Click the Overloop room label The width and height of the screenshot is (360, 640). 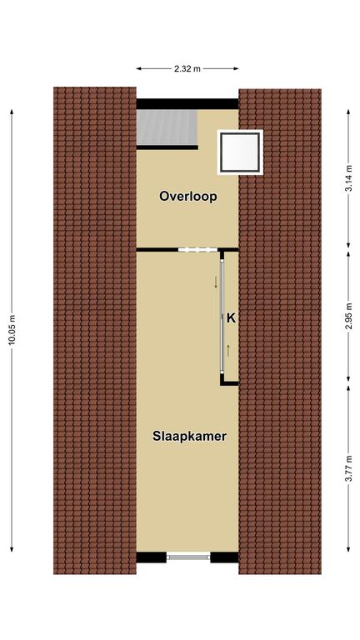click(187, 197)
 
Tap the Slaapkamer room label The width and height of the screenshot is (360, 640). click(189, 436)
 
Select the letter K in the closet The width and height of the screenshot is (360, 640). click(231, 318)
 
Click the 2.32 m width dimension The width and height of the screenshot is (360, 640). click(187, 68)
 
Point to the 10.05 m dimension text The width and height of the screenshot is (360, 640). click(12, 330)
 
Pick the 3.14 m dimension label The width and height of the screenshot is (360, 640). click(348, 177)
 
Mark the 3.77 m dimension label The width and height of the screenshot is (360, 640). click(348, 468)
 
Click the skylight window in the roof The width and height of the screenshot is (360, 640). click(240, 152)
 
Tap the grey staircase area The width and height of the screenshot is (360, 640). click(167, 127)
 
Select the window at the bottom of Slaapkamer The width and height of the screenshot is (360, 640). click(188, 557)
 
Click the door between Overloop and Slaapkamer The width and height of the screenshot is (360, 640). click(198, 249)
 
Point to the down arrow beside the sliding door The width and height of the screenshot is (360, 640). click(216, 282)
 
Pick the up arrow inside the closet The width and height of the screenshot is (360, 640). click(228, 351)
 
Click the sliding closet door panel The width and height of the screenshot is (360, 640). click(222, 317)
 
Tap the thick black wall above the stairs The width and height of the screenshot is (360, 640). click(187, 103)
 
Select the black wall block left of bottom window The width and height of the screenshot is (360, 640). click(152, 557)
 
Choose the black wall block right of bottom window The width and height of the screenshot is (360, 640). click(224, 557)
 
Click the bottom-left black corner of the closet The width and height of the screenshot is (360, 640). click(222, 382)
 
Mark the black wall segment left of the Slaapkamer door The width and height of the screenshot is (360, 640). click(157, 249)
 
